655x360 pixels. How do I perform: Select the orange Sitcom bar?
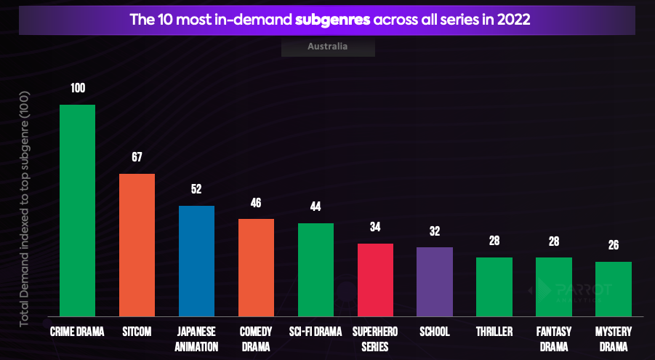point(137,244)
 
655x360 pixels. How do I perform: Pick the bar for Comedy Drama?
point(256,267)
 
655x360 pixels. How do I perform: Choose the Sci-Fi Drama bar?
point(316,269)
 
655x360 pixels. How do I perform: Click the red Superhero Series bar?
point(375,279)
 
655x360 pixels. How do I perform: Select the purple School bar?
point(435,281)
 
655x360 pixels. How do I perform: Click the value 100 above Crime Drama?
point(77,88)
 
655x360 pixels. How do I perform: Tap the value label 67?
point(137,157)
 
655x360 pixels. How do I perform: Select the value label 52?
point(196,189)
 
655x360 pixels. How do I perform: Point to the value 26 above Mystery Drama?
point(614,245)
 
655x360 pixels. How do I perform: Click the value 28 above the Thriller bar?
point(494,241)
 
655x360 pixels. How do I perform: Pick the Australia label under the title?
point(327,47)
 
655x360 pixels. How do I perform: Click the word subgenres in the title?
point(333,19)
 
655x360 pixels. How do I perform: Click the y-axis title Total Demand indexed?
point(24,211)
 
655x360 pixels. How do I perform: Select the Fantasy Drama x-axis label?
point(554,339)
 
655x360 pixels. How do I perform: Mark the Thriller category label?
point(494,332)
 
